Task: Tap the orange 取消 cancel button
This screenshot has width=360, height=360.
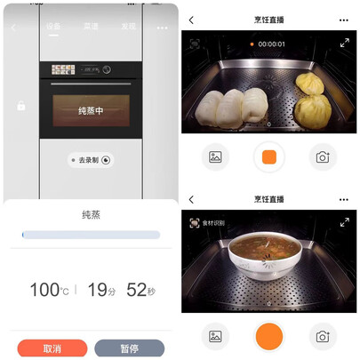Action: tap(52, 348)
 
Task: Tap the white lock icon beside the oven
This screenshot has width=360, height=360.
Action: tap(20, 106)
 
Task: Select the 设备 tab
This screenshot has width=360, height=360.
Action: tap(53, 28)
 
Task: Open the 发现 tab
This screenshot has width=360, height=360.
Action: tap(128, 28)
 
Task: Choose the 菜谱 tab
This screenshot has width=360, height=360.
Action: tap(91, 28)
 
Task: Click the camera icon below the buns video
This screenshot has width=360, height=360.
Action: tap(323, 157)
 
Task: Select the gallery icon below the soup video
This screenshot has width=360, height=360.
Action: tap(214, 337)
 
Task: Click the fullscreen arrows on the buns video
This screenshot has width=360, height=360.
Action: tap(345, 43)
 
